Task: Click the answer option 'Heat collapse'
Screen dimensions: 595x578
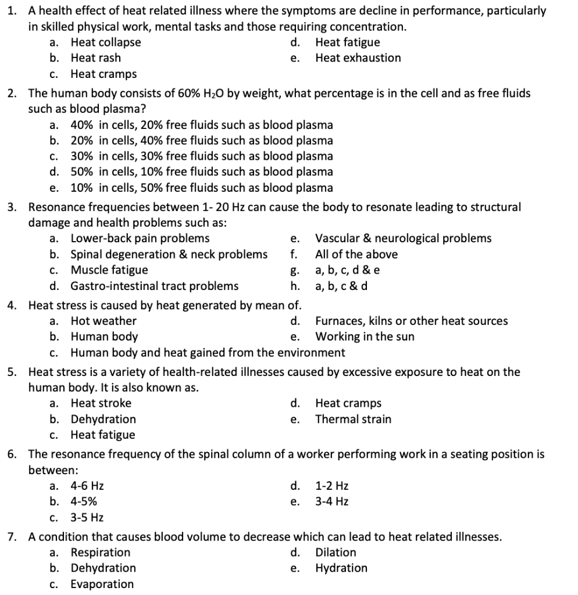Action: (x=105, y=42)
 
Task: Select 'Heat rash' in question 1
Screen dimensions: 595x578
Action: (x=96, y=58)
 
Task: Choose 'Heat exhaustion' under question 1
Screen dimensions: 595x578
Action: (x=358, y=58)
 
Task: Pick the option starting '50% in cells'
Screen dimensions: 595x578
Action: (x=201, y=172)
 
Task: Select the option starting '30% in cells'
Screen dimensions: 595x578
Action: (x=201, y=156)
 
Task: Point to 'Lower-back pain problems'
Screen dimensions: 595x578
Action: (x=140, y=238)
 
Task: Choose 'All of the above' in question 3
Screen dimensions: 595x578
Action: (x=356, y=255)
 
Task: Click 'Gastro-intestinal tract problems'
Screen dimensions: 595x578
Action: (x=154, y=286)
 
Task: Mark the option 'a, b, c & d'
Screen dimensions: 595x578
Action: (x=342, y=286)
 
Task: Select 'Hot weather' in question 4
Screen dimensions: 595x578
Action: (x=104, y=321)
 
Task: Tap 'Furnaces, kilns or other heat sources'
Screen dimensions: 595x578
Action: (x=411, y=321)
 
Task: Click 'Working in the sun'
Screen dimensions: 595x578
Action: (x=365, y=337)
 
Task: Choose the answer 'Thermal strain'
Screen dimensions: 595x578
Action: (x=353, y=420)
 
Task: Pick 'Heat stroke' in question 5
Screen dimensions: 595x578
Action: (x=101, y=403)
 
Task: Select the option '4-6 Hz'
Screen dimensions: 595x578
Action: (x=87, y=486)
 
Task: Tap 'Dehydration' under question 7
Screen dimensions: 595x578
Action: (x=103, y=568)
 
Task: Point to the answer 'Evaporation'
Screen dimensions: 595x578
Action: (x=102, y=584)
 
